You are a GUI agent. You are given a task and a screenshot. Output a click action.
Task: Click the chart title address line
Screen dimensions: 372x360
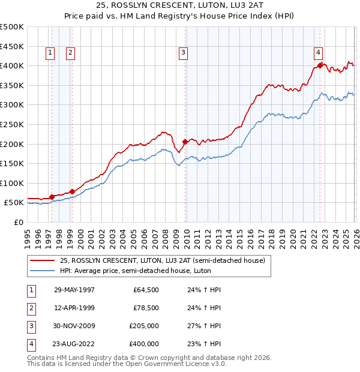(180, 6)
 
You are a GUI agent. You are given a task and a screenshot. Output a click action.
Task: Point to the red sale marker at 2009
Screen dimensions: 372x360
(185, 142)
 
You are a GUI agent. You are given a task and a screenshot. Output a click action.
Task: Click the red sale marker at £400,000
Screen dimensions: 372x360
(320, 65)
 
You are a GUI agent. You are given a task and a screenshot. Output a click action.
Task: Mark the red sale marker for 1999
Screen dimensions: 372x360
(72, 191)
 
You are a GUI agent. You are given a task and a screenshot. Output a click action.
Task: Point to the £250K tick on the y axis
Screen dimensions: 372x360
(12, 124)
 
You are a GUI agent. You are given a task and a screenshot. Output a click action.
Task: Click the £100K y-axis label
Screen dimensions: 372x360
(12, 183)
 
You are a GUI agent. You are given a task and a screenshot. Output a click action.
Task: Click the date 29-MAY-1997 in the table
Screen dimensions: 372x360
(74, 290)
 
